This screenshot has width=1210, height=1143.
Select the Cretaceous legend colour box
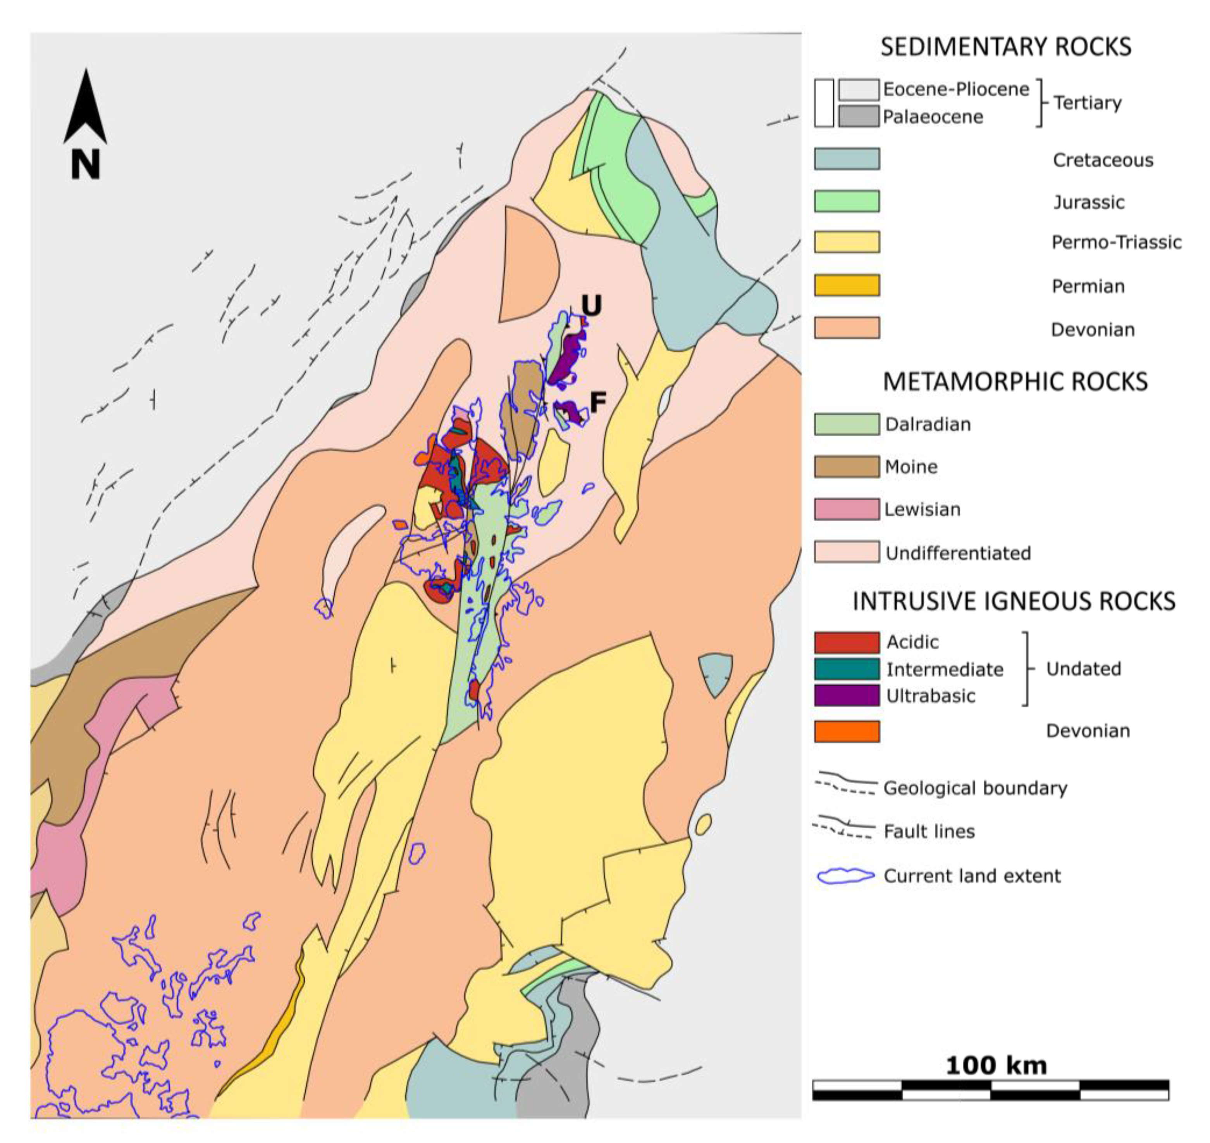(847, 159)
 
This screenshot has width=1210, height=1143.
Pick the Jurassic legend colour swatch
(847, 201)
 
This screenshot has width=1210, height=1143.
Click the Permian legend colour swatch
(847, 285)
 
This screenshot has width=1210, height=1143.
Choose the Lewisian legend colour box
(847, 509)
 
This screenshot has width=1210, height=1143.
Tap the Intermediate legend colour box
(847, 669)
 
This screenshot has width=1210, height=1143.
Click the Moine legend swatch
(847, 467)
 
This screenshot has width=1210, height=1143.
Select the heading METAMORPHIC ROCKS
(1015, 382)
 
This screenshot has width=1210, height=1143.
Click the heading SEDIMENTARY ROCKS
(1006, 47)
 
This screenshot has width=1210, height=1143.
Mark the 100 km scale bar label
(996, 1065)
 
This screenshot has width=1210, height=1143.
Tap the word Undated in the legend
(1083, 668)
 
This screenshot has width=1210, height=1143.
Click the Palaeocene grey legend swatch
(859, 116)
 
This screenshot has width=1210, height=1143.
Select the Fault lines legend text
(929, 831)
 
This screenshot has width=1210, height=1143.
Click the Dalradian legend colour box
(847, 424)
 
